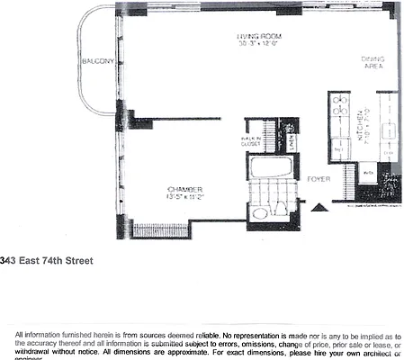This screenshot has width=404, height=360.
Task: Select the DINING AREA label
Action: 373,62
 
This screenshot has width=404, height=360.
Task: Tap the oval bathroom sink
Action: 259,213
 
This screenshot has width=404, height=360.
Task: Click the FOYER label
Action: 318,179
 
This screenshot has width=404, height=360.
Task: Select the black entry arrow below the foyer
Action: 318,209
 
